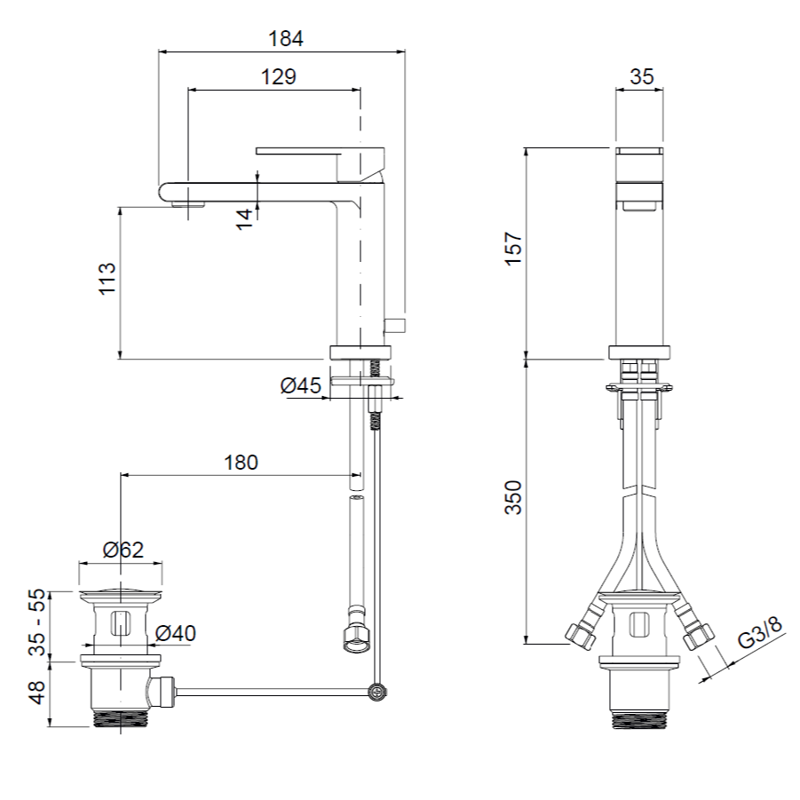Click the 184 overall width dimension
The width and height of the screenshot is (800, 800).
[x=286, y=39]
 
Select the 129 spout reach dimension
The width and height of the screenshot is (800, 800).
[x=279, y=77]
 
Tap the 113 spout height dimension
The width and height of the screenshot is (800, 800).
[x=107, y=278]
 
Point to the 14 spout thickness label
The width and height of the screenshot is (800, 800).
[x=245, y=219]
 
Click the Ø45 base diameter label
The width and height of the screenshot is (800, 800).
[x=301, y=385]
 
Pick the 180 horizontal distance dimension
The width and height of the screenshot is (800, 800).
[x=241, y=463]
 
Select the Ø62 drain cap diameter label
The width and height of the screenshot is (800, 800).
[x=123, y=550]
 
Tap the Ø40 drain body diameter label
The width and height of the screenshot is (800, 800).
[x=176, y=633]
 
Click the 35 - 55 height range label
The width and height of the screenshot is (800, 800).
[x=37, y=622]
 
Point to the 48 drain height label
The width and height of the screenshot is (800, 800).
[x=37, y=693]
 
